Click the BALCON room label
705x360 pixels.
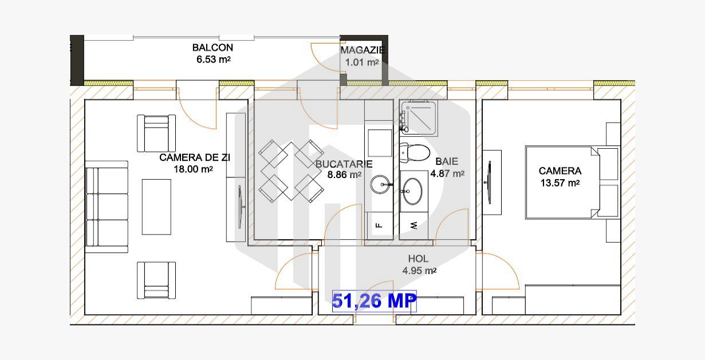tap(212, 48)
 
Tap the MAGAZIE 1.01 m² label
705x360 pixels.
tap(362, 56)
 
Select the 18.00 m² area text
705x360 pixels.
tap(194, 169)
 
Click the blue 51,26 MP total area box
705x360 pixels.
tap(375, 300)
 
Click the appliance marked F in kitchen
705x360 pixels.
tap(379, 226)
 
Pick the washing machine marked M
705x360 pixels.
tap(413, 226)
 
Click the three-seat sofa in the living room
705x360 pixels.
tap(107, 207)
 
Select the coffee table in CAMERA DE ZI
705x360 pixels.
tap(156, 207)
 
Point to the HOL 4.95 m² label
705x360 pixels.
tap(419, 265)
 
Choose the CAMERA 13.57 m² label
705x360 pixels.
tap(560, 177)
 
